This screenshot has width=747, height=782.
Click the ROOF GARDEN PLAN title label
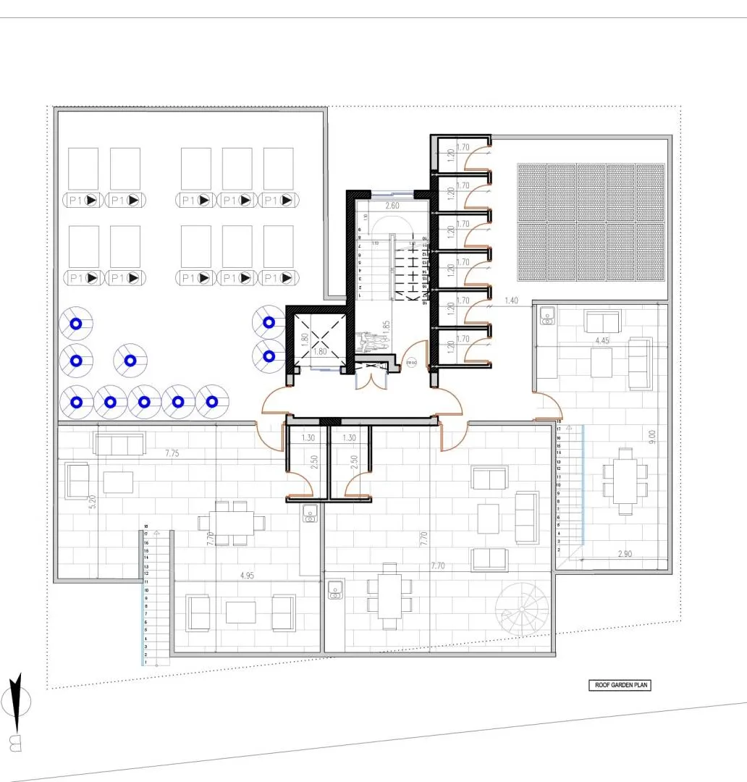(618, 685)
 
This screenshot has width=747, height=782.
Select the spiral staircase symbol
(523, 610)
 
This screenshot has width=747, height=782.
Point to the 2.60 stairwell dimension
(392, 206)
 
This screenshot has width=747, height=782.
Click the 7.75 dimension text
(172, 453)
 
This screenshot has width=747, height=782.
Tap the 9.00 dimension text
(651, 437)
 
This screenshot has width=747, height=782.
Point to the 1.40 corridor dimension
(511, 300)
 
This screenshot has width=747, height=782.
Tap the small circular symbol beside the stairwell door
(411, 363)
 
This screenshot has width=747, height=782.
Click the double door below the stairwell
(373, 377)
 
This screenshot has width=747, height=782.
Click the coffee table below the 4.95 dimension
(240, 612)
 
